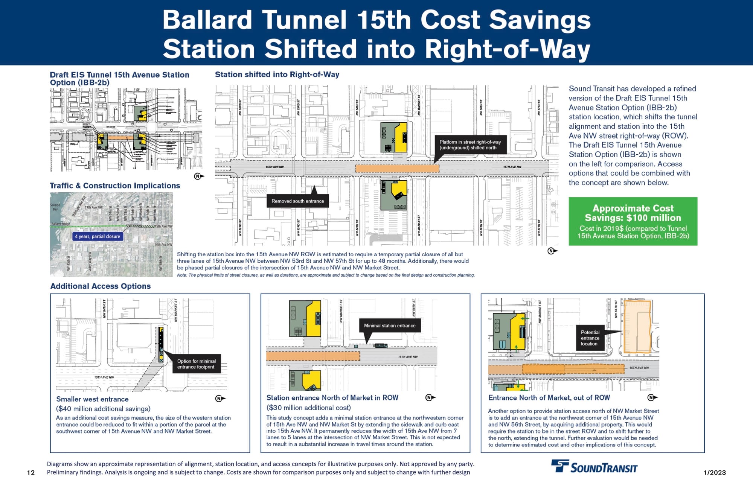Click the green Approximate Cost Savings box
pyautogui.click(x=633, y=221)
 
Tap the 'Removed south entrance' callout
pyautogui.click(x=297, y=201)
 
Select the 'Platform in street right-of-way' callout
pyautogui.click(x=470, y=145)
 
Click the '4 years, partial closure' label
pyautogui.click(x=98, y=236)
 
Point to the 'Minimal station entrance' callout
pyautogui.click(x=390, y=326)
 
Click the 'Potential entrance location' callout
pyautogui.click(x=590, y=338)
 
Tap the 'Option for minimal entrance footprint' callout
pyautogui.click(x=196, y=364)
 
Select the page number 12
pyautogui.click(x=31, y=473)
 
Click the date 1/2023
pyautogui.click(x=715, y=473)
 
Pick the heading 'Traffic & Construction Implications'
pyautogui.click(x=115, y=186)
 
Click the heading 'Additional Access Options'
pyautogui.click(x=101, y=286)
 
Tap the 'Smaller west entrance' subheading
pyautogui.click(x=92, y=399)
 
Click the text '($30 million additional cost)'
pyautogui.click(x=308, y=408)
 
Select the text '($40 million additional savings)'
pyautogui.click(x=103, y=409)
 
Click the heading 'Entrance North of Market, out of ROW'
pyautogui.click(x=549, y=398)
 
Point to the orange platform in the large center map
pyautogui.click(x=397, y=168)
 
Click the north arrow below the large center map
pyautogui.click(x=552, y=251)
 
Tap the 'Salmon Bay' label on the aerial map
pyautogui.click(x=55, y=207)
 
